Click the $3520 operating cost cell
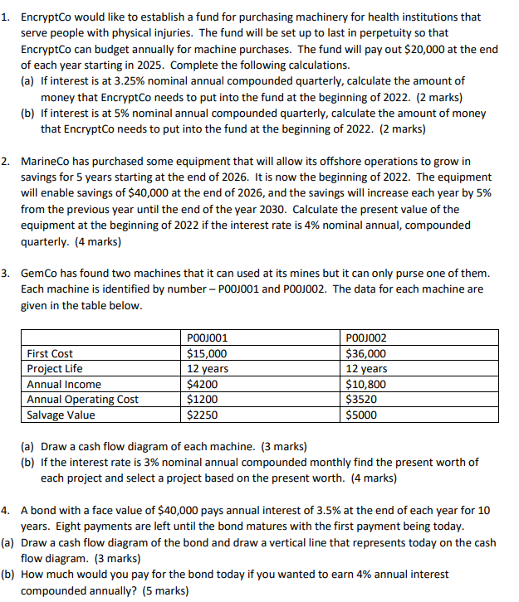coord(361,400)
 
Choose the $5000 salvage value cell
coord(361,415)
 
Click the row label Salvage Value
coord(61,415)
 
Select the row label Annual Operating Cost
coord(83,400)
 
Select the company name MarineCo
coord(51,162)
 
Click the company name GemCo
coord(41,273)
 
